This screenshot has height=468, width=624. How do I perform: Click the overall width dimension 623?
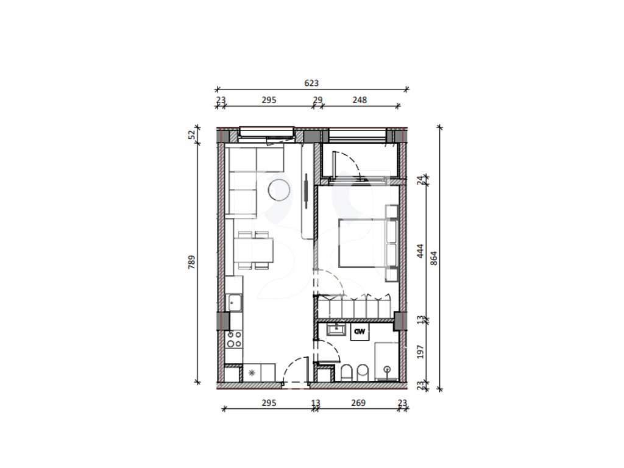tap(311, 83)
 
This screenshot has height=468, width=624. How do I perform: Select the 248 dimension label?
tap(360, 100)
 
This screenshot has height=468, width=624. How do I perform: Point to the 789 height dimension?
tap(192, 262)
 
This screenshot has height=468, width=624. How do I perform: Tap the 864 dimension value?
tap(434, 258)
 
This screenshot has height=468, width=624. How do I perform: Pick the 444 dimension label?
tap(420, 252)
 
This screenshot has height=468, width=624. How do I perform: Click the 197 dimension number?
tap(420, 352)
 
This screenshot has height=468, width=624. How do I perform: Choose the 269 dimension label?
tap(358, 403)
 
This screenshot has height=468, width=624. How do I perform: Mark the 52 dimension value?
tap(192, 135)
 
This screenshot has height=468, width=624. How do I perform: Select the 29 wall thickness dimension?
tap(317, 100)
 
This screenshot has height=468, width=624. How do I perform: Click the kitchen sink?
tap(234, 303)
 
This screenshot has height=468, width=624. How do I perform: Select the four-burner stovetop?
tap(233, 339)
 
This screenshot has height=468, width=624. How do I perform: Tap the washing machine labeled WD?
tap(360, 331)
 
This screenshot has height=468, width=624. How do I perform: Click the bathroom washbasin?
tap(337, 330)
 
